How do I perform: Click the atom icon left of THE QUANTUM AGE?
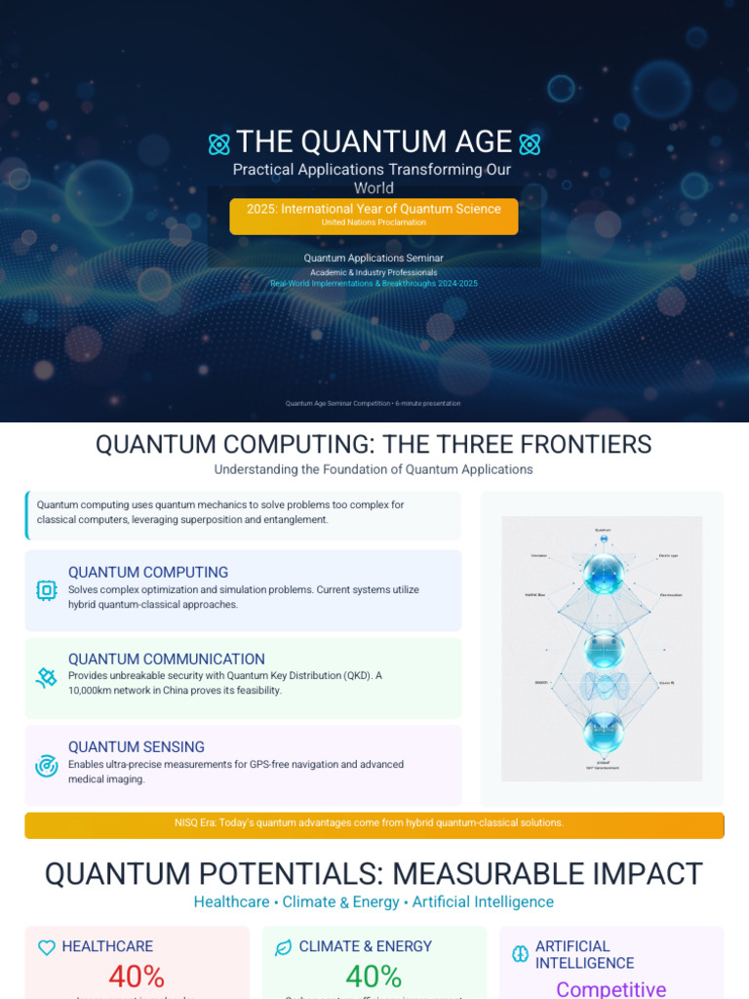tap(219, 144)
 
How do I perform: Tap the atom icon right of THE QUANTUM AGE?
tap(530, 144)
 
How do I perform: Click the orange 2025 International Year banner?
tap(374, 216)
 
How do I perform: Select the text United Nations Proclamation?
tap(374, 222)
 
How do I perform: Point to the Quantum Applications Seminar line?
tap(374, 259)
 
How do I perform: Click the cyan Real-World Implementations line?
tap(374, 284)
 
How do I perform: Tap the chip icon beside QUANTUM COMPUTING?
tap(46, 589)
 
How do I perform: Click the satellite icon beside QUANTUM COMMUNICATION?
tap(46, 677)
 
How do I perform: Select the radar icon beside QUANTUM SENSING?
tap(46, 765)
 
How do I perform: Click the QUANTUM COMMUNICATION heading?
tap(166, 659)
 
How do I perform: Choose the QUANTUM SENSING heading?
tap(136, 747)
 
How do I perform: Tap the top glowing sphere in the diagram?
tap(603, 574)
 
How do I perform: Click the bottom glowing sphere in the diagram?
tap(603, 734)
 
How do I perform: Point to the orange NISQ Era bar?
tap(374, 823)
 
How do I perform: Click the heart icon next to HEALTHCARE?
tap(46, 947)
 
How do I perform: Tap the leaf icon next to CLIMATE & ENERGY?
tap(284, 947)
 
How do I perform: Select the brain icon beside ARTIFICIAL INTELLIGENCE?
tap(521, 954)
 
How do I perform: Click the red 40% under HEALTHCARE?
tap(137, 977)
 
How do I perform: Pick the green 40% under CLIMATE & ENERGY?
tap(374, 977)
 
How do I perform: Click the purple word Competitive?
tap(611, 988)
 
